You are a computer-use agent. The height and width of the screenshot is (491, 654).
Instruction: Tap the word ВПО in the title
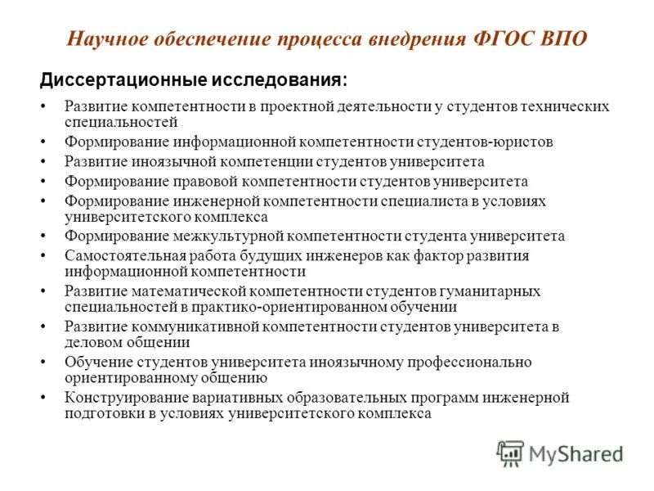tap(564, 39)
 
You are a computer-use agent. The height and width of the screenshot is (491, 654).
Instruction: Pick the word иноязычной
tap(161, 161)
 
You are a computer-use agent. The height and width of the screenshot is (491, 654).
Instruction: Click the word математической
tap(187, 291)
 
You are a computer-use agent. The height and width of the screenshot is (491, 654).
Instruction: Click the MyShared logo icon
tap(510, 453)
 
